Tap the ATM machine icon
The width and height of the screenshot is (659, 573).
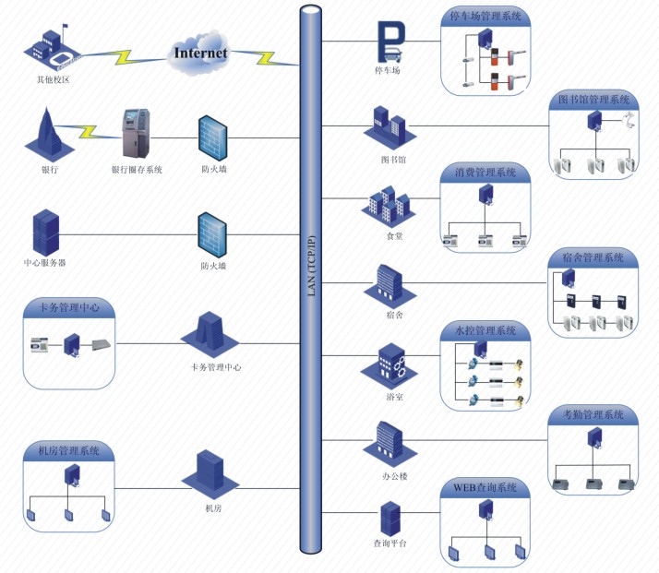(135, 132)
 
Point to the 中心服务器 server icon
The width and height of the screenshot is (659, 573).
(44, 233)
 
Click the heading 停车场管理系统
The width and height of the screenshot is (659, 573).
(486, 16)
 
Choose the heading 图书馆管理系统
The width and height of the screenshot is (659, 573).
(594, 98)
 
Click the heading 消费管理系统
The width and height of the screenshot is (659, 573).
(485, 173)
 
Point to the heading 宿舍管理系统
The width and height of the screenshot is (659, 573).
(593, 257)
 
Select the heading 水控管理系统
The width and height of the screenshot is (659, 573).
(485, 330)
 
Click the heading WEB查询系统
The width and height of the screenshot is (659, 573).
(485, 487)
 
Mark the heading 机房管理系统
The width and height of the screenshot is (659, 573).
(70, 451)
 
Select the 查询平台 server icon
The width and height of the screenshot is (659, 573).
(390, 519)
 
